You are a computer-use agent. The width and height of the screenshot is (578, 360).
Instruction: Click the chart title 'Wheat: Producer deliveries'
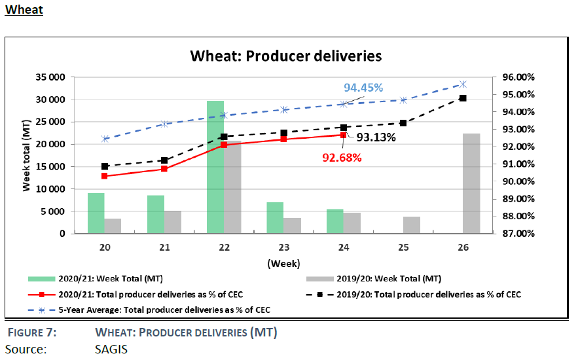[x=285, y=56]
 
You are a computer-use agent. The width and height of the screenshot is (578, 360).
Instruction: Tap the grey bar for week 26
[x=471, y=183]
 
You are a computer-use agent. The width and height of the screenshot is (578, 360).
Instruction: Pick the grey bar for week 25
[x=412, y=225]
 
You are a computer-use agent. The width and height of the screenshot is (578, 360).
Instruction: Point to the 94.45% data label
[x=363, y=88]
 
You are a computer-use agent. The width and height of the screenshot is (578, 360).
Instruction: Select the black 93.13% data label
[x=376, y=137]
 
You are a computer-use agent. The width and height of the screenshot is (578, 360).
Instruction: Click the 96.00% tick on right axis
[x=518, y=77]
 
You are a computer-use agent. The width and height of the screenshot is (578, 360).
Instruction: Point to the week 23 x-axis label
[x=283, y=247]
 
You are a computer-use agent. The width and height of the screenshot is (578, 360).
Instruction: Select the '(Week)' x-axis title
[x=283, y=264]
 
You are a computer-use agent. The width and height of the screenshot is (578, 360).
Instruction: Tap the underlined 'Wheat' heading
[x=24, y=10]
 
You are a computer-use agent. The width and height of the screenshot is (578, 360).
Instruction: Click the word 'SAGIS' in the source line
[x=111, y=349]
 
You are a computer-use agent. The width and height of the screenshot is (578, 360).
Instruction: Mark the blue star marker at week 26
[x=463, y=84]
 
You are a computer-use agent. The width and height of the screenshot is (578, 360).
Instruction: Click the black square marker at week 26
[x=463, y=98]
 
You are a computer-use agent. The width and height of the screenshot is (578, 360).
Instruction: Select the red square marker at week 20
[x=105, y=175]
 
